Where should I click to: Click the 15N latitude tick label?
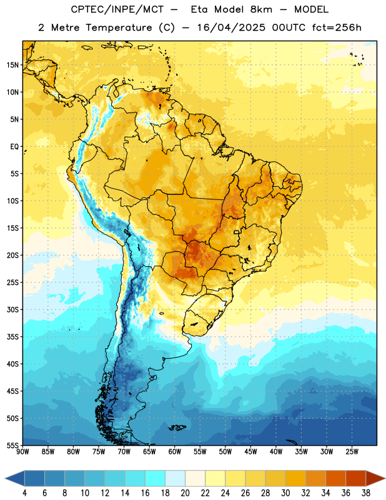pyautogui.click(x=12, y=65)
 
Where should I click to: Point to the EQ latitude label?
pyautogui.click(x=14, y=147)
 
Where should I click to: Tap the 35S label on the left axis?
pyautogui.click(x=12, y=337)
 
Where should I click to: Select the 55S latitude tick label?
pyautogui.click(x=12, y=445)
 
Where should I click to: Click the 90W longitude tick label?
pyautogui.click(x=22, y=452)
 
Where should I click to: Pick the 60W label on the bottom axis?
pyautogui.click(x=175, y=452)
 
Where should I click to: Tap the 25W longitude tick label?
pyautogui.click(x=352, y=452)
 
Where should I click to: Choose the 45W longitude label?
pyautogui.click(x=250, y=452)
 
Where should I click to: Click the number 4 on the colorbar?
pyautogui.click(x=24, y=493)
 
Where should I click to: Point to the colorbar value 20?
pyautogui.click(x=185, y=493)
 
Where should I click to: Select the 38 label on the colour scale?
pyautogui.click(x=365, y=493)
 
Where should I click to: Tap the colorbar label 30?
pyautogui.click(x=285, y=493)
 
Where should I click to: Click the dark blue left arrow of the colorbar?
pyautogui.click(x=15, y=478)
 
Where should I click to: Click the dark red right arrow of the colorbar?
pyautogui.click(x=375, y=478)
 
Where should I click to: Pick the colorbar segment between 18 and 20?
pyautogui.click(x=175, y=478)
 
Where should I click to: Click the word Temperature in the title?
pyautogui.click(x=119, y=27)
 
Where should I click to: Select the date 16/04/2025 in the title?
pyautogui.click(x=231, y=27)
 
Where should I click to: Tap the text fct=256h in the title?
pyautogui.click(x=337, y=27)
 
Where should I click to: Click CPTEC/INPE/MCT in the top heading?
pyautogui.click(x=117, y=10)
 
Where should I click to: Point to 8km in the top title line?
pyautogui.click(x=261, y=10)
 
